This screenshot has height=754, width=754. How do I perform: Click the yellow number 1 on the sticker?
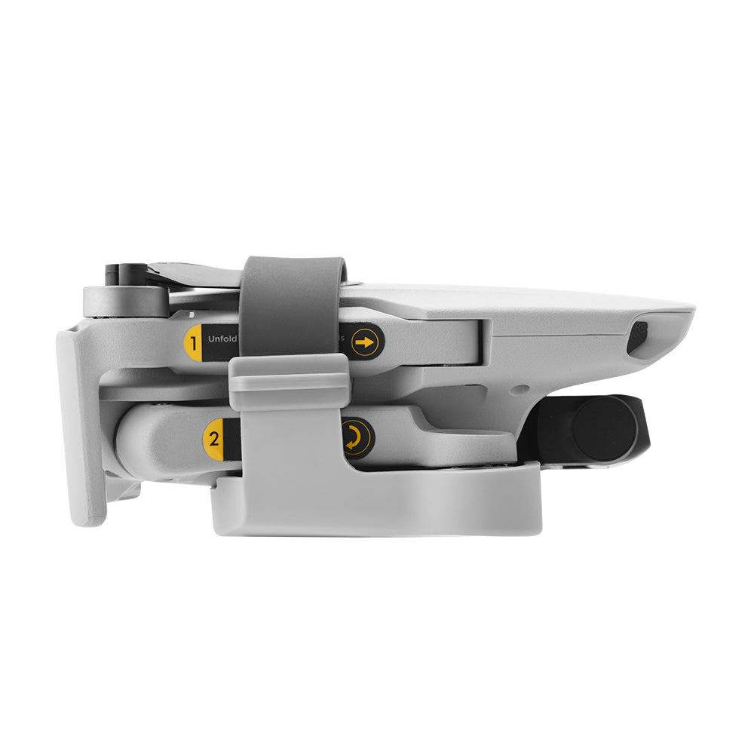pos(194,344)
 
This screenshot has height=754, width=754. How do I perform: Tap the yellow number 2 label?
pos(214,438)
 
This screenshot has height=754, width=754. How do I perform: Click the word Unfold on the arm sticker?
pos(222,339)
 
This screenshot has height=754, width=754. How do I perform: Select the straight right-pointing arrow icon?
pos(365,343)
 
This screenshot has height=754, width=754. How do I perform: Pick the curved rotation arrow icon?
pos(354,437)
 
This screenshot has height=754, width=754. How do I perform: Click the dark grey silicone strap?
pos(293,302)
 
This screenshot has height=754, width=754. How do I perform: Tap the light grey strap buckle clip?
pos(290,383)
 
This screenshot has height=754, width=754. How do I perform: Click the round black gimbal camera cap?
pos(604,428)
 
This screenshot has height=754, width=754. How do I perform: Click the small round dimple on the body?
pos(516,392)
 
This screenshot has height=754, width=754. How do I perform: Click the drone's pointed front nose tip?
pos(688,311)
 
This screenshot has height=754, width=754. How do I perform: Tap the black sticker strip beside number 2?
pos(232,438)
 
